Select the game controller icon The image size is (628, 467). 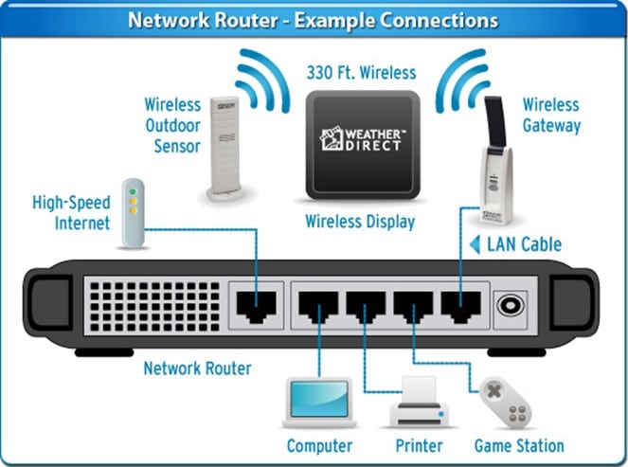pyautogui.click(x=507, y=402)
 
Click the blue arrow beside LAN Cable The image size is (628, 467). pyautogui.click(x=475, y=244)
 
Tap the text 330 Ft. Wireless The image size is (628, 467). pyautogui.click(x=361, y=72)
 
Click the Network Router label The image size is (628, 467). pyautogui.click(x=197, y=368)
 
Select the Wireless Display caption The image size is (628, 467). pyautogui.click(x=360, y=223)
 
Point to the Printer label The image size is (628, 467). pyautogui.click(x=416, y=445)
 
